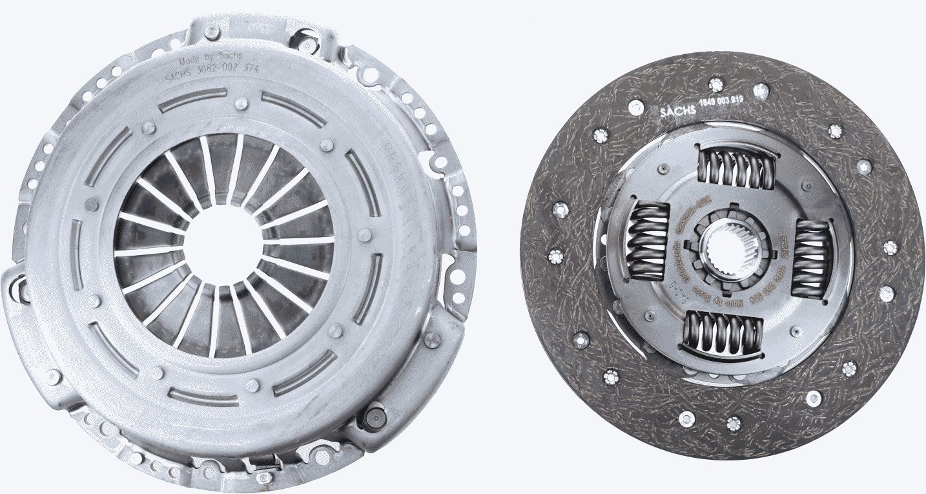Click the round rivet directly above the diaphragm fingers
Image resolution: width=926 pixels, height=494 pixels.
click(240, 103)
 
